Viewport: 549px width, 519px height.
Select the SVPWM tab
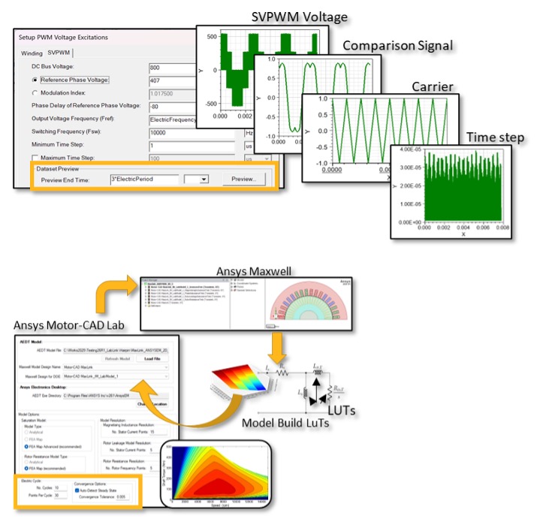coord(58,53)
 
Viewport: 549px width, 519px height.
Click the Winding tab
coord(32,53)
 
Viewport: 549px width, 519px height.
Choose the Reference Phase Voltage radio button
coord(35,80)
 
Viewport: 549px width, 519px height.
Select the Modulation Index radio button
coord(35,92)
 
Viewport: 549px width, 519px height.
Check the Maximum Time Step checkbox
coord(35,157)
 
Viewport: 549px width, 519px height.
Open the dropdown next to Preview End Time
coord(200,180)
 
